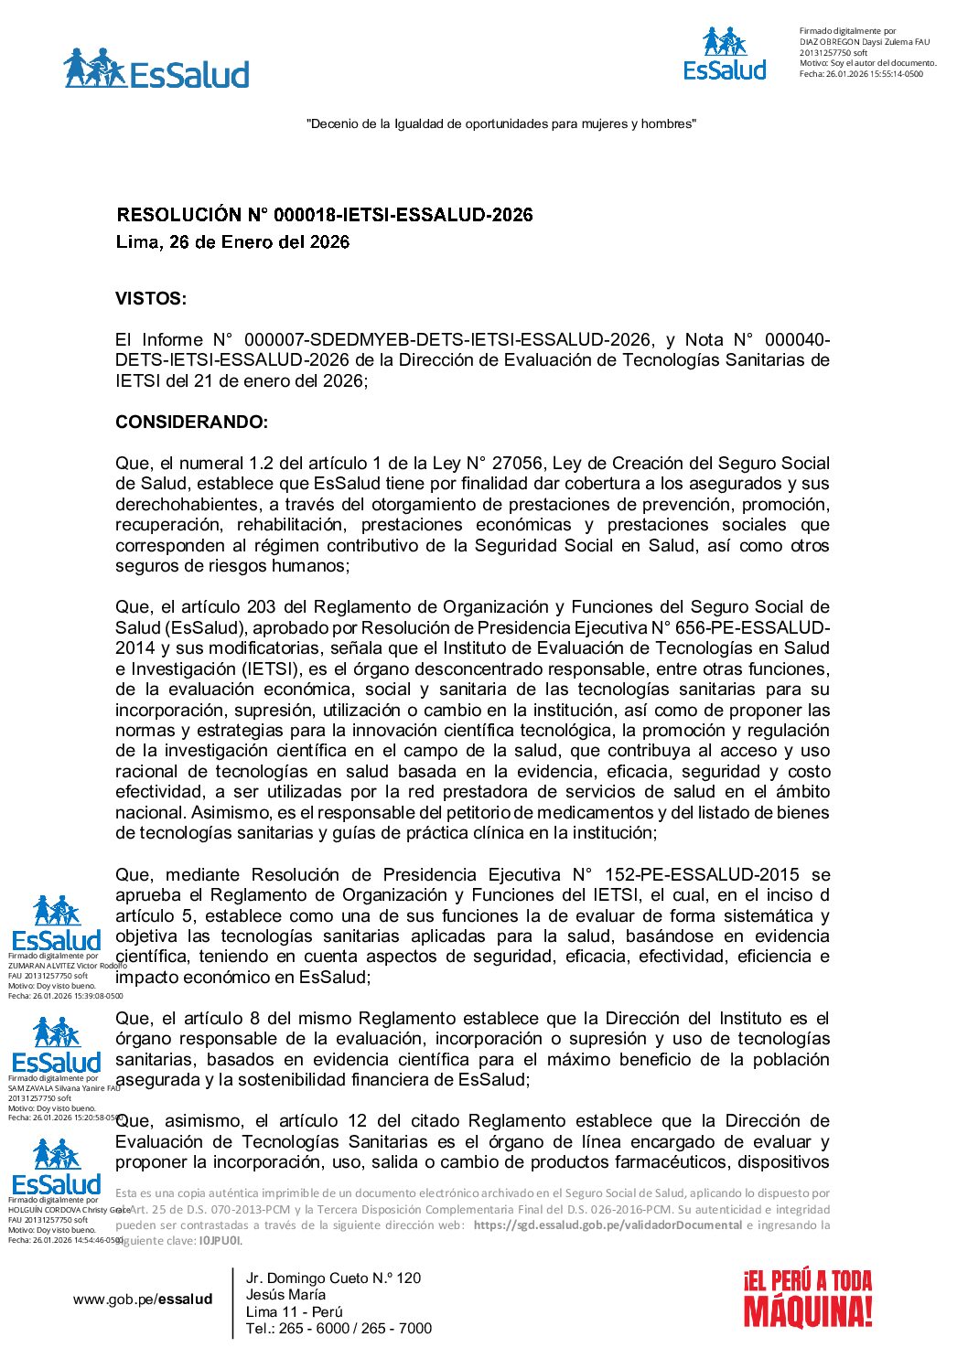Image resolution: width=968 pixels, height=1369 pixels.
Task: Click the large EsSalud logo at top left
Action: [156, 70]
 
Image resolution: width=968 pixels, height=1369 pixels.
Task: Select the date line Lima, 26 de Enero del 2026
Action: [232, 242]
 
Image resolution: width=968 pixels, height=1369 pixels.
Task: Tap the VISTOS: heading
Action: [151, 299]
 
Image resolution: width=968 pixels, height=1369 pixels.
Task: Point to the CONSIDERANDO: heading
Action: [191, 422]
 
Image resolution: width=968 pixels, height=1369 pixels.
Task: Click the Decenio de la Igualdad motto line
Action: [500, 123]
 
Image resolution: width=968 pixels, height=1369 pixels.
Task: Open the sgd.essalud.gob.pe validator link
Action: [607, 1225]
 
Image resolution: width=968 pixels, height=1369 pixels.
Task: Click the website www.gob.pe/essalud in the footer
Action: [143, 1299]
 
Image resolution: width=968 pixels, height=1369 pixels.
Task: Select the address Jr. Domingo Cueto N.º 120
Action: [333, 1278]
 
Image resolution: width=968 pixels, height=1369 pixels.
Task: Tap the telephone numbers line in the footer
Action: [339, 1329]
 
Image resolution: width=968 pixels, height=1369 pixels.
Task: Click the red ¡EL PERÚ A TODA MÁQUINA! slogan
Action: [807, 1299]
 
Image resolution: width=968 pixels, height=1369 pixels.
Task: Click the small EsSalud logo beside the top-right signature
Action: [725, 54]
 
